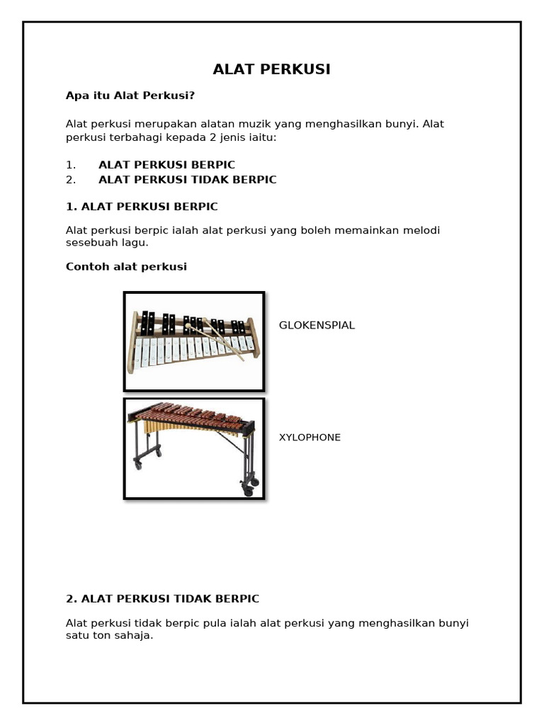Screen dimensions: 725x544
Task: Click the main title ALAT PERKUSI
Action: pos(272,69)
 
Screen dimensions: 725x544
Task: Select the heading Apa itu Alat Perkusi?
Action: pos(130,96)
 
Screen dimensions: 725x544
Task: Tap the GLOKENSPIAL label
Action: pos(317,326)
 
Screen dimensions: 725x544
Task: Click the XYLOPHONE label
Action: pos(310,438)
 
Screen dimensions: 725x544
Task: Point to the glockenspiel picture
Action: pos(193,341)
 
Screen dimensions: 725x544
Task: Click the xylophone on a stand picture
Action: pos(193,448)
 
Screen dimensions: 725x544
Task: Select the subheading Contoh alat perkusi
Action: pos(126,267)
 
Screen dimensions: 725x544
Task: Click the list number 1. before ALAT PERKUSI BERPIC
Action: pos(71,165)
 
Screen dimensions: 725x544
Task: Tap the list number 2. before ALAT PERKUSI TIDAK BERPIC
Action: pos(71,180)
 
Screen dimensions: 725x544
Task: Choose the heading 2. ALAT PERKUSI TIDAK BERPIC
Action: pos(162,599)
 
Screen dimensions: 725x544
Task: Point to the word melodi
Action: pos(429,231)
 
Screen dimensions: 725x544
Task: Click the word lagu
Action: pos(135,243)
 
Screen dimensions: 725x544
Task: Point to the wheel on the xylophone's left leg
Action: pos(137,464)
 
